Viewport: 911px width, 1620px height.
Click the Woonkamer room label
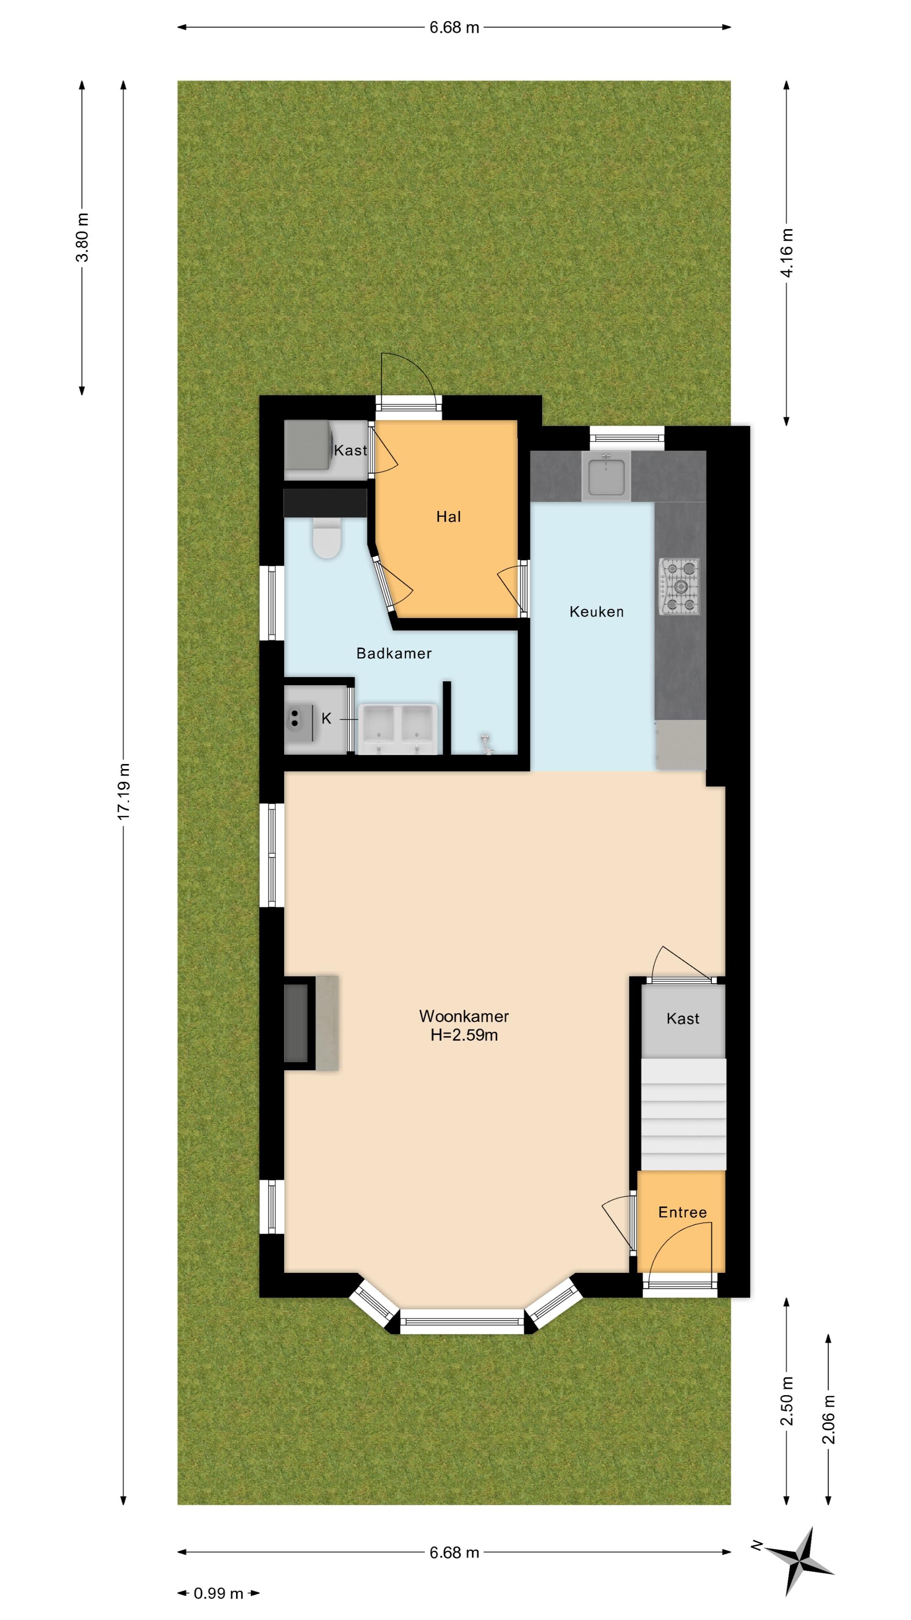464,1015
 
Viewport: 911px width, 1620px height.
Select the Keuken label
597,611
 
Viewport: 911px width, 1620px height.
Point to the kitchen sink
606,475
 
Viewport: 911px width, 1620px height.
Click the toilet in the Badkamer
327,538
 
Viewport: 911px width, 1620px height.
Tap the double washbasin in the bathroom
398,728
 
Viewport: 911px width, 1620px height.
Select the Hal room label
449,517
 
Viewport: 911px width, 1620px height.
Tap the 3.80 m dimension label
82,237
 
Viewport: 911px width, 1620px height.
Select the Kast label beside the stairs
683,1018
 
